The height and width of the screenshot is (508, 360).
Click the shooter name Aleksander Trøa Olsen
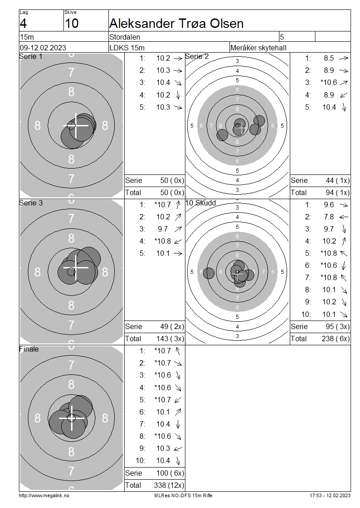point(176,23)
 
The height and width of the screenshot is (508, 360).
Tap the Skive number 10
point(72,23)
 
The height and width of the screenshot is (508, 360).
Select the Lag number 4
point(23,23)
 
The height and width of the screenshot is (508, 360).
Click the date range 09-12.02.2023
point(43,48)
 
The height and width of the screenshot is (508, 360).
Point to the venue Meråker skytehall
point(258,48)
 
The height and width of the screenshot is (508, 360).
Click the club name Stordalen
point(125,37)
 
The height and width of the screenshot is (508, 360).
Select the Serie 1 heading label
point(31,56)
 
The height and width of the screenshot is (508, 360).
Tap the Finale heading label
point(29,349)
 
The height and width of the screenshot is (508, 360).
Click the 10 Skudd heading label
point(200,203)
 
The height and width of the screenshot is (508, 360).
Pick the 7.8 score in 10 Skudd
point(328,217)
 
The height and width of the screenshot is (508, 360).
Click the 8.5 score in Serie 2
point(328,58)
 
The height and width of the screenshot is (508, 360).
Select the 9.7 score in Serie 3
point(163,229)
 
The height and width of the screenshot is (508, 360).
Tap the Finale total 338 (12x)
point(169,485)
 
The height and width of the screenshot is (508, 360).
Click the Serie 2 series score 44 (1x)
point(337,180)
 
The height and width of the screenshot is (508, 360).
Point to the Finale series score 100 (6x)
point(170,473)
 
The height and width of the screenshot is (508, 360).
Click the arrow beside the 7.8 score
point(344,217)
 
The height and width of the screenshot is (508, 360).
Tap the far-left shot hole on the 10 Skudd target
point(209,273)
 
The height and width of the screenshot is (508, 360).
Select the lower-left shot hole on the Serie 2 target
point(222,135)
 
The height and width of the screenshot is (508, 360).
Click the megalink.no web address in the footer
point(44,495)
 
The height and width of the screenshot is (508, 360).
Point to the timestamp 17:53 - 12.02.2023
point(330,495)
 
